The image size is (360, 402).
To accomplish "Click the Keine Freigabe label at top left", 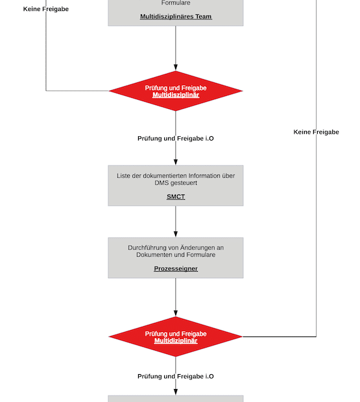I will tap(45, 9).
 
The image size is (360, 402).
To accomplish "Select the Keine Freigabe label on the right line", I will tap(316, 132).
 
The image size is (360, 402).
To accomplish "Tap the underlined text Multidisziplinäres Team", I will tap(176, 17).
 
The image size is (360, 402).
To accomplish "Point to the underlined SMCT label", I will tap(176, 196).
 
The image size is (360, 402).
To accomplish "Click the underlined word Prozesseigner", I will tap(176, 268).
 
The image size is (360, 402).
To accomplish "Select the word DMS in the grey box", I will tap(162, 183).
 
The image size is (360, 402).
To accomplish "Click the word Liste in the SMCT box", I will tap(125, 176).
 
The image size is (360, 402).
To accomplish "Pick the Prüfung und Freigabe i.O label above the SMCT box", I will tap(176, 139).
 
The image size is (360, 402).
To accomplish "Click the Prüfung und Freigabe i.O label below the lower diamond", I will tap(176, 377).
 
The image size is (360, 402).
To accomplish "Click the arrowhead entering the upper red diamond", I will tap(176, 67).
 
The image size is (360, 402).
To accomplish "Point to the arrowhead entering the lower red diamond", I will tap(176, 313).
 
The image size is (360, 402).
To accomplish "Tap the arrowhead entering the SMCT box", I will tap(176, 161).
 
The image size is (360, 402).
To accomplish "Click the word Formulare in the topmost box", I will tap(176, 3).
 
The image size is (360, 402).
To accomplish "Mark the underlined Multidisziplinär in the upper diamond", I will tap(176, 95).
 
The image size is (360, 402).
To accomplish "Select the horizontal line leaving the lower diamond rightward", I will tap(279, 337).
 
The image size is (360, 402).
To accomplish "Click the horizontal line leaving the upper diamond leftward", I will tap(78, 91).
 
